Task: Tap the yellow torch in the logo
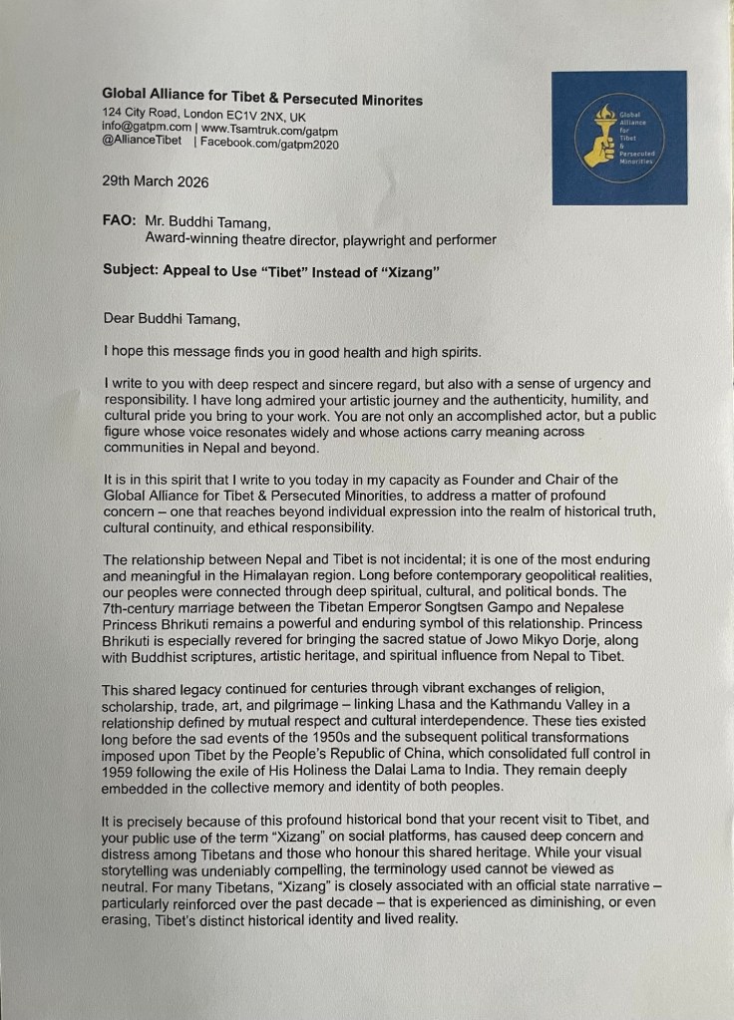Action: pyautogui.click(x=601, y=139)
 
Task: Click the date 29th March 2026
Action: pyautogui.click(x=156, y=183)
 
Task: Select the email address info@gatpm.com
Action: pyautogui.click(x=146, y=129)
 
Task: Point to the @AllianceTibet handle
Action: pyautogui.click(x=142, y=143)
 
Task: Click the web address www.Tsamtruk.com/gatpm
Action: pyautogui.click(x=269, y=129)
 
